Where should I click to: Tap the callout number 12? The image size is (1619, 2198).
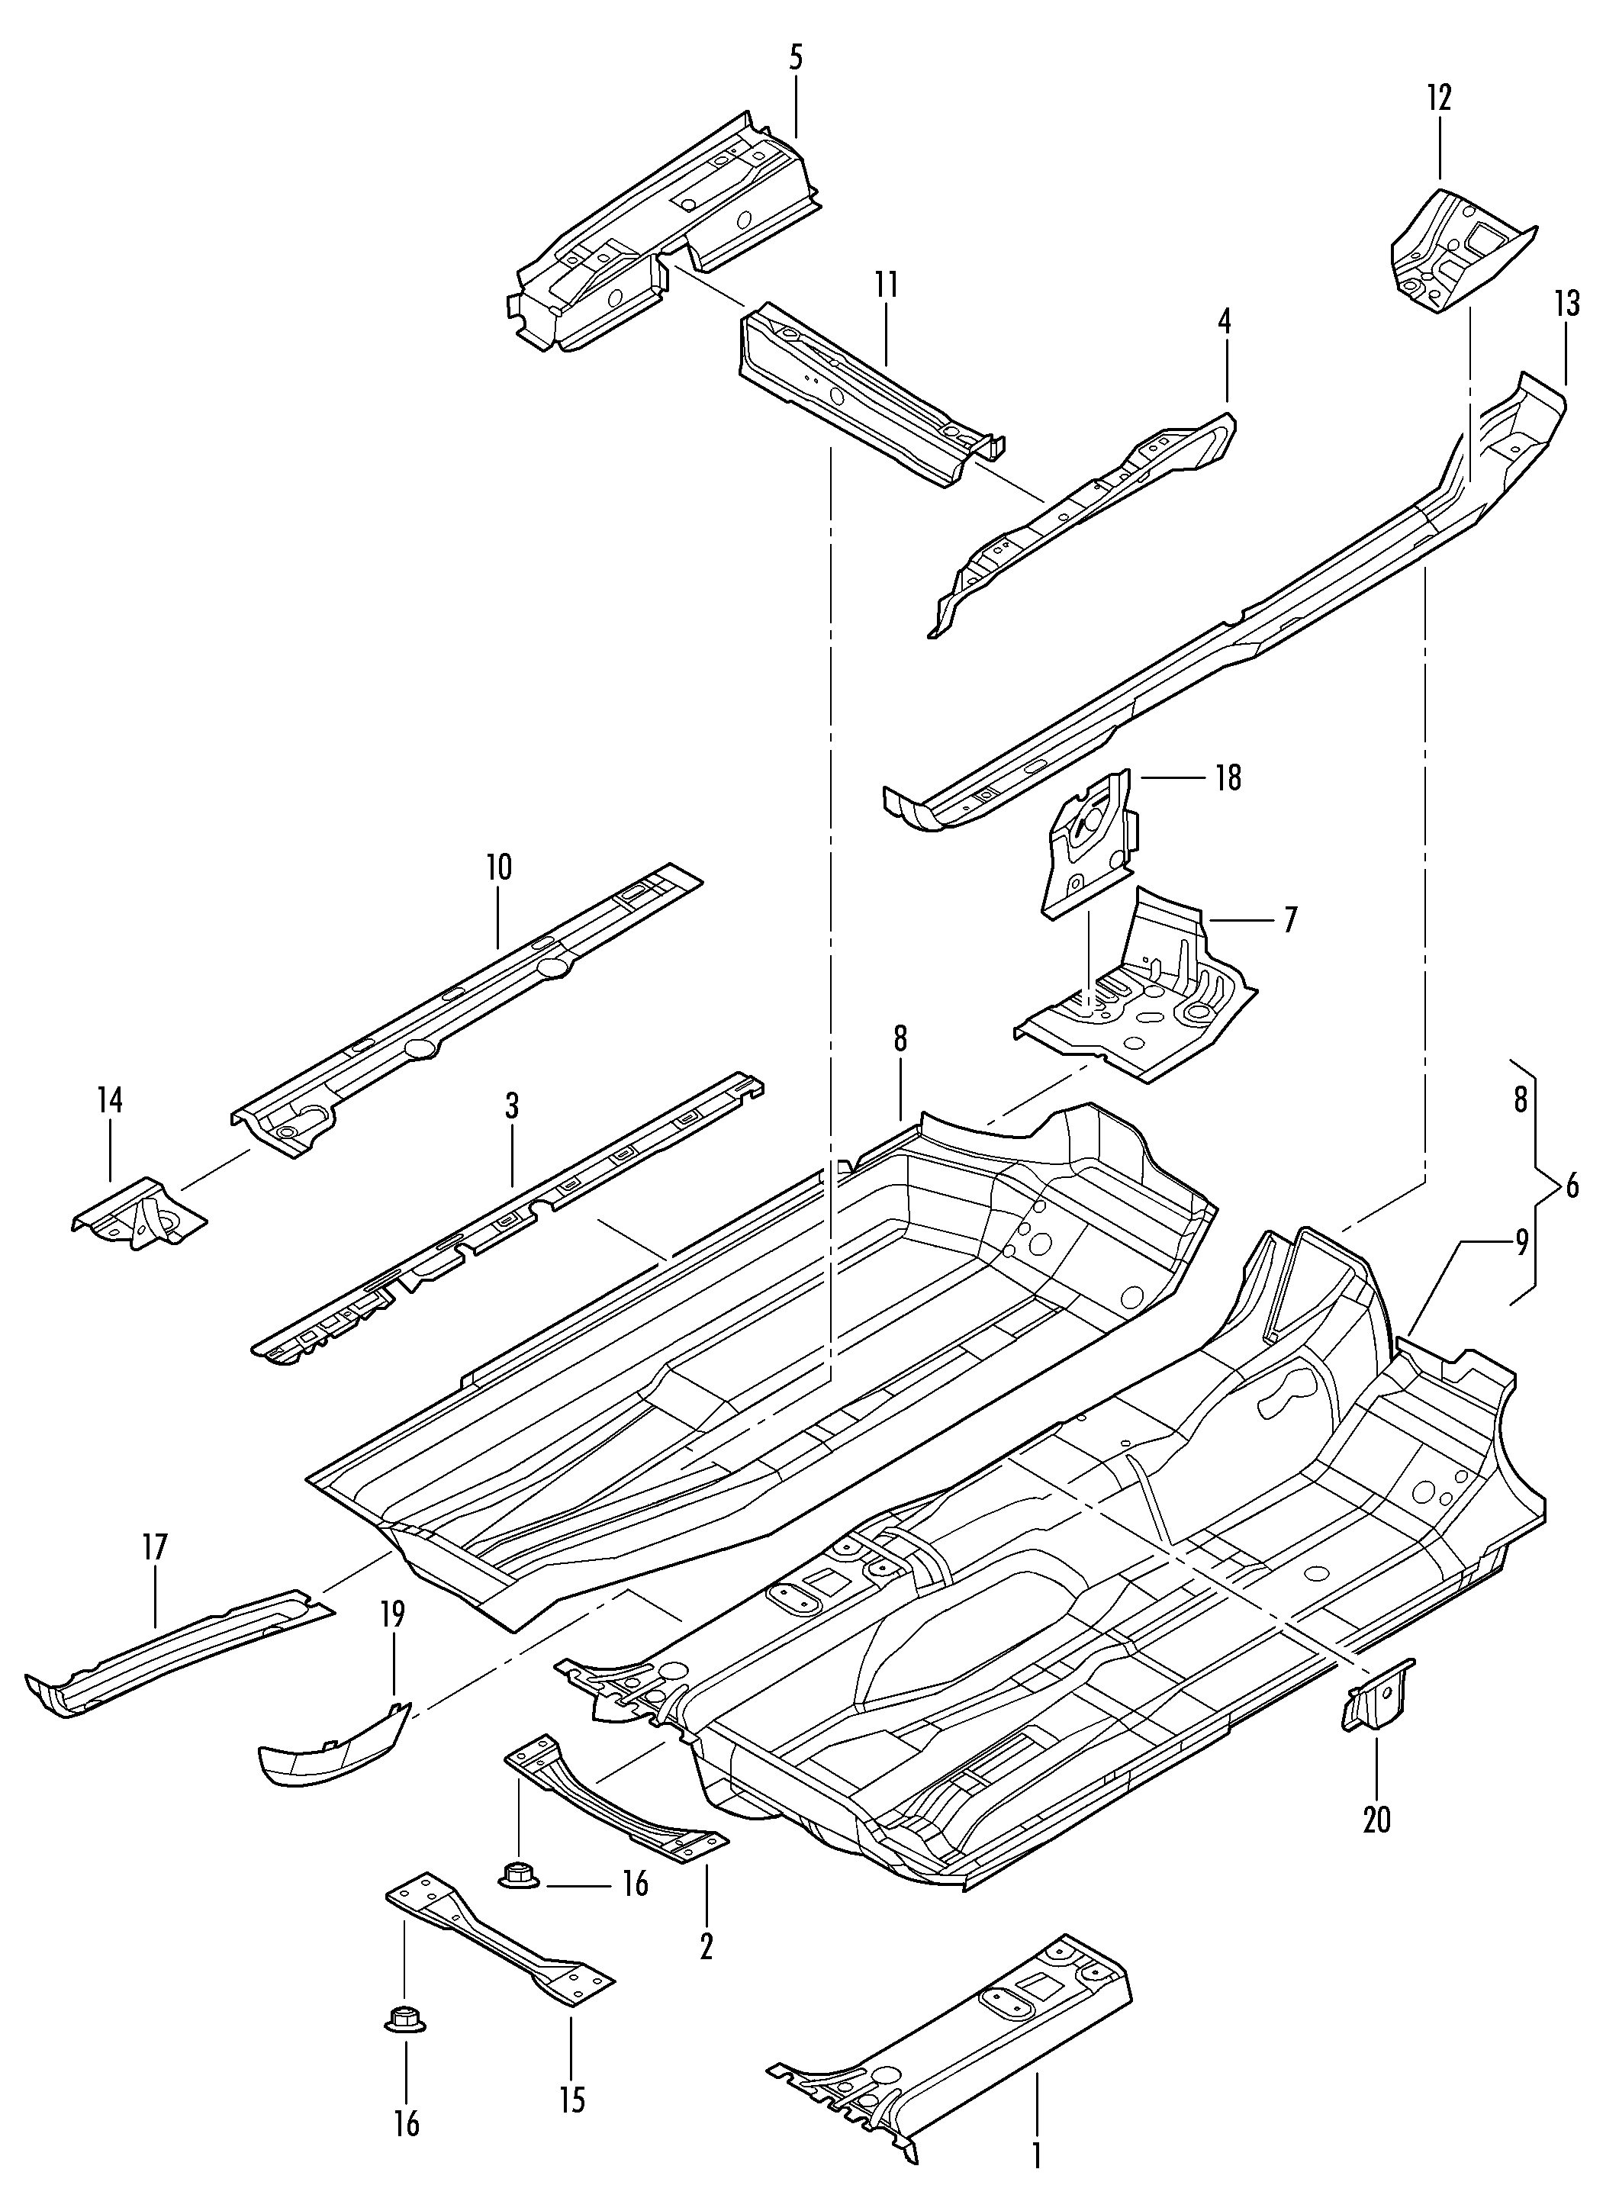(1440, 97)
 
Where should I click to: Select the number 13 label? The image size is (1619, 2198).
(1566, 303)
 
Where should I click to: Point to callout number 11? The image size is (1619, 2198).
(886, 285)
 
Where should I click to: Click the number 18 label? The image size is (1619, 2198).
(1227, 778)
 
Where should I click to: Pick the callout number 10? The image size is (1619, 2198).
(498, 867)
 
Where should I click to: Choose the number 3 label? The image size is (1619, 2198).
(512, 1107)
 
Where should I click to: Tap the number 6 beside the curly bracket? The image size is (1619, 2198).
(1572, 1186)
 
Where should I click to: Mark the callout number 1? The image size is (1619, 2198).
(1036, 2157)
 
